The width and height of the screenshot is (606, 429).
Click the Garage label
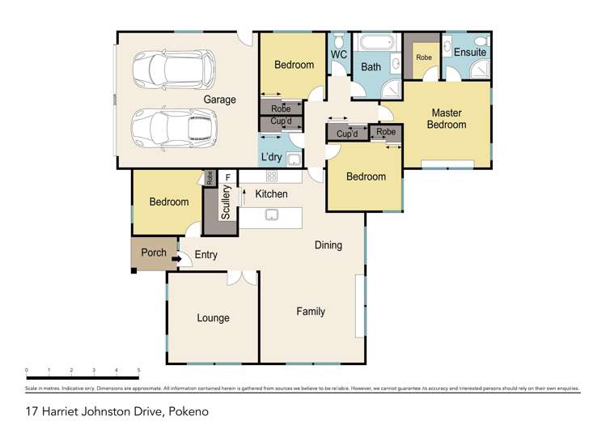(219, 100)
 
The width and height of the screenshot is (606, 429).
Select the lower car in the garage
(174, 127)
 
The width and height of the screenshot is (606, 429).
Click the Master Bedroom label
(447, 119)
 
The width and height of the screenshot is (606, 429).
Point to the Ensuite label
(469, 53)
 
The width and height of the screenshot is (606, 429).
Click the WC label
(339, 55)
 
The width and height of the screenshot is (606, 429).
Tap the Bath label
(371, 67)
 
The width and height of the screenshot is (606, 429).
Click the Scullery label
(227, 202)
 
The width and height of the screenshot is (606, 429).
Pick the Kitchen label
(271, 195)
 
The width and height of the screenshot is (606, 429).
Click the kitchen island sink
(273, 215)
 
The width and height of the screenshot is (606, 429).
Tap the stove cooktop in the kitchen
(272, 176)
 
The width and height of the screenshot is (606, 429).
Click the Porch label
(154, 253)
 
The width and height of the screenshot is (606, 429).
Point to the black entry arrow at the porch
(167, 260)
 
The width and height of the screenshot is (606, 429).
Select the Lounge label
(213, 318)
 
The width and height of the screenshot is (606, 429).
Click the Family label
(310, 311)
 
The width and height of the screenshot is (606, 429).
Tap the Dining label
(328, 245)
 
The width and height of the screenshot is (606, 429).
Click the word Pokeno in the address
(188, 412)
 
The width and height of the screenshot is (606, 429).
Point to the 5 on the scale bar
(138, 370)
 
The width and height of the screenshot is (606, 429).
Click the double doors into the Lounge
(238, 278)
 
